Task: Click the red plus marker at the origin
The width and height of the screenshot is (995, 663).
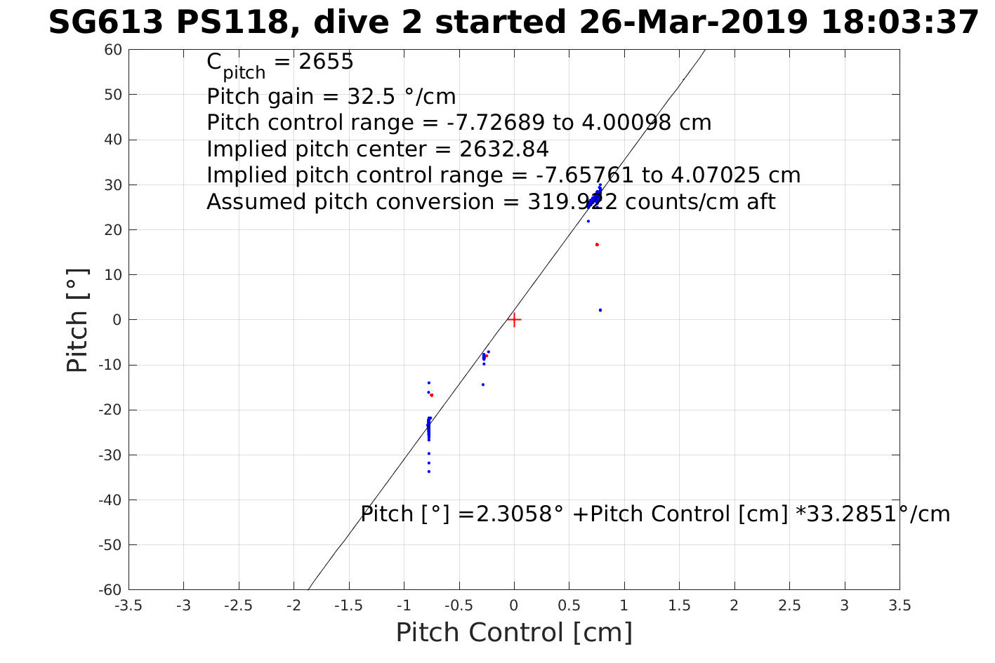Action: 514,320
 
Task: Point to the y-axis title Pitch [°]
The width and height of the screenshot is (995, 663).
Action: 77,320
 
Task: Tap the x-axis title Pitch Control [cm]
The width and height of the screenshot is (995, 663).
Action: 514,632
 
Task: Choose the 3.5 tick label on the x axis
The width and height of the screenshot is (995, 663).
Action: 900,605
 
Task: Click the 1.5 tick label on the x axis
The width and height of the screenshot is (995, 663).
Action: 679,605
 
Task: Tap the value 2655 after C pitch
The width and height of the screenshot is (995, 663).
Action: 326,62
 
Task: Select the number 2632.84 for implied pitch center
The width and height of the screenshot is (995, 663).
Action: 503,149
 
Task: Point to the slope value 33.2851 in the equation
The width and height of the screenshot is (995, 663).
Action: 848,514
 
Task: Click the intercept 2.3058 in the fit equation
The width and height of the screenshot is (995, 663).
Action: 509,514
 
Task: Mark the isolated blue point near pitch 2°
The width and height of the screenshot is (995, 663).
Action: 600,310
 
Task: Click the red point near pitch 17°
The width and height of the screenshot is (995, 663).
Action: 597,245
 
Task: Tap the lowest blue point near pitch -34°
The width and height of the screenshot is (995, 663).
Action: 428,471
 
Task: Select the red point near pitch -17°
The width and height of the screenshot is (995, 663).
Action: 431,395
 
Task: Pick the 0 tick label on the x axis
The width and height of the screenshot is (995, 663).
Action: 514,605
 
